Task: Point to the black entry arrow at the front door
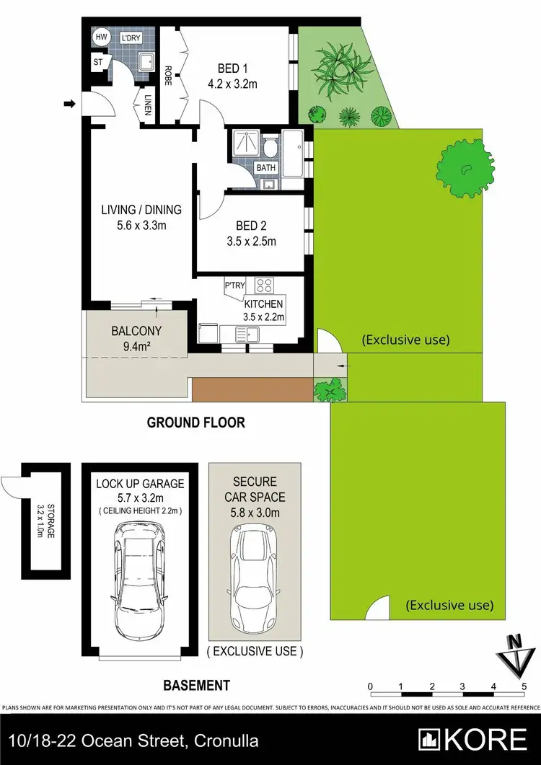click(x=69, y=105)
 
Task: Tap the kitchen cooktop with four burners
click(x=264, y=286)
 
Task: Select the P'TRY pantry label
click(x=234, y=286)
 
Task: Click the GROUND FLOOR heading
click(x=196, y=423)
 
